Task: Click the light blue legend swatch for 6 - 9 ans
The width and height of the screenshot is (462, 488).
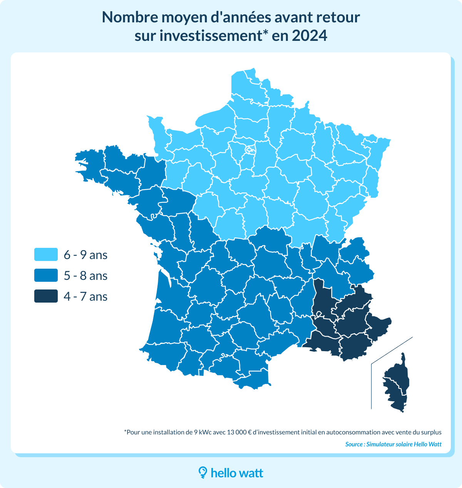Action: [x=46, y=254]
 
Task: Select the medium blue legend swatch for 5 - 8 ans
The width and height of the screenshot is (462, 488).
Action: [x=46, y=275]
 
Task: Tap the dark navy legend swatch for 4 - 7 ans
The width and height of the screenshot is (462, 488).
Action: [x=46, y=296]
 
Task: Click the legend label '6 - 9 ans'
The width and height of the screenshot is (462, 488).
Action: [x=85, y=255]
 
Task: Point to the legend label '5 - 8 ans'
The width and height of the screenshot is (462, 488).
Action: [x=85, y=276]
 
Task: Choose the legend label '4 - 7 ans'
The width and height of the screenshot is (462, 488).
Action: [x=85, y=296]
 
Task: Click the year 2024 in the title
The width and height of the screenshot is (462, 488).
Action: [x=310, y=35]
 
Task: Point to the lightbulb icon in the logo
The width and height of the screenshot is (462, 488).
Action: [x=203, y=473]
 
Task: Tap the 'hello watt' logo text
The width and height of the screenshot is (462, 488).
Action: [x=237, y=473]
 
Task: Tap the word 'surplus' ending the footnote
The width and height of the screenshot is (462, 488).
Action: [x=431, y=432]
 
